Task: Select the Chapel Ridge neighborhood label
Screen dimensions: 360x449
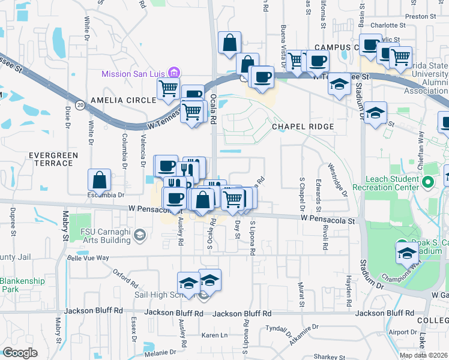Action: click(298, 127)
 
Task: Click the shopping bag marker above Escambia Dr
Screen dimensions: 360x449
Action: click(99, 180)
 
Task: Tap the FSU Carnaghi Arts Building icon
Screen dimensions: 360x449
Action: click(140, 233)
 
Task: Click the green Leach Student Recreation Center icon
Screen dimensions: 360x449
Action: click(427, 182)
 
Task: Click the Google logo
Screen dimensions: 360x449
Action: click(20, 353)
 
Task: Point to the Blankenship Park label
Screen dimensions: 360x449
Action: click(18, 285)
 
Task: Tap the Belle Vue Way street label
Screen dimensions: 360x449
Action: click(88, 257)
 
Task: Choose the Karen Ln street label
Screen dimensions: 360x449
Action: click(214, 335)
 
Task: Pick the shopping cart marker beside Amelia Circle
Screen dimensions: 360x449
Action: click(169, 89)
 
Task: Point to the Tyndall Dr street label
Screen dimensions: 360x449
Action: click(278, 331)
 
